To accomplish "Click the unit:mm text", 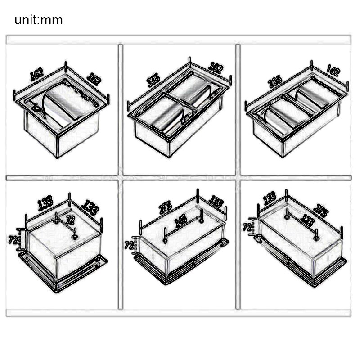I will [x=38, y=20].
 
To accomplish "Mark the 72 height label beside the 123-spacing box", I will [x=247, y=228].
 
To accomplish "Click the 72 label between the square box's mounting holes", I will [x=70, y=220].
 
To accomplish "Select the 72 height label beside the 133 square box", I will [x=13, y=240].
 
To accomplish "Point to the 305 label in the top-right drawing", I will [x=274, y=81].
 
